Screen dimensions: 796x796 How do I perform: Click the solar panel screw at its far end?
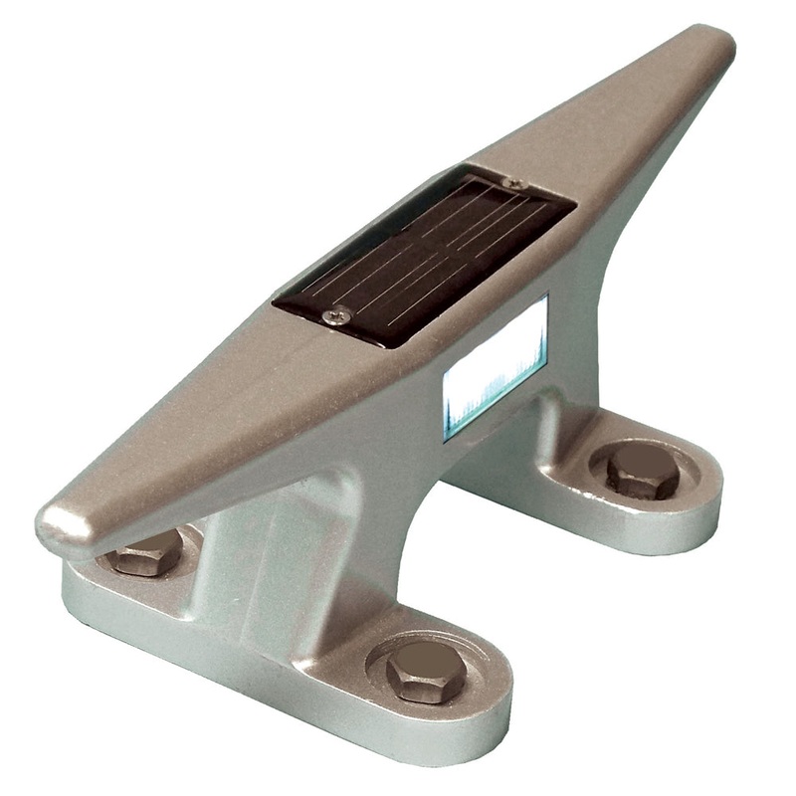pyautogui.click(x=512, y=184)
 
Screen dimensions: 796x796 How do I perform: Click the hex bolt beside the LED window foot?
pyautogui.click(x=642, y=470)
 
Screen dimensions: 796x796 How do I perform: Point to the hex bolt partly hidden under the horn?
pyautogui.click(x=146, y=553)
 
